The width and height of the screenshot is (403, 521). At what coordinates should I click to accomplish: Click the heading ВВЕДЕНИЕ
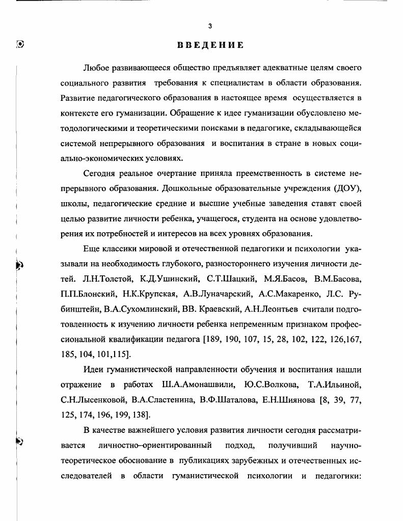[x=210, y=45]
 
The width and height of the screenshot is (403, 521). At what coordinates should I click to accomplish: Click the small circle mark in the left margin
[x=20, y=44]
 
